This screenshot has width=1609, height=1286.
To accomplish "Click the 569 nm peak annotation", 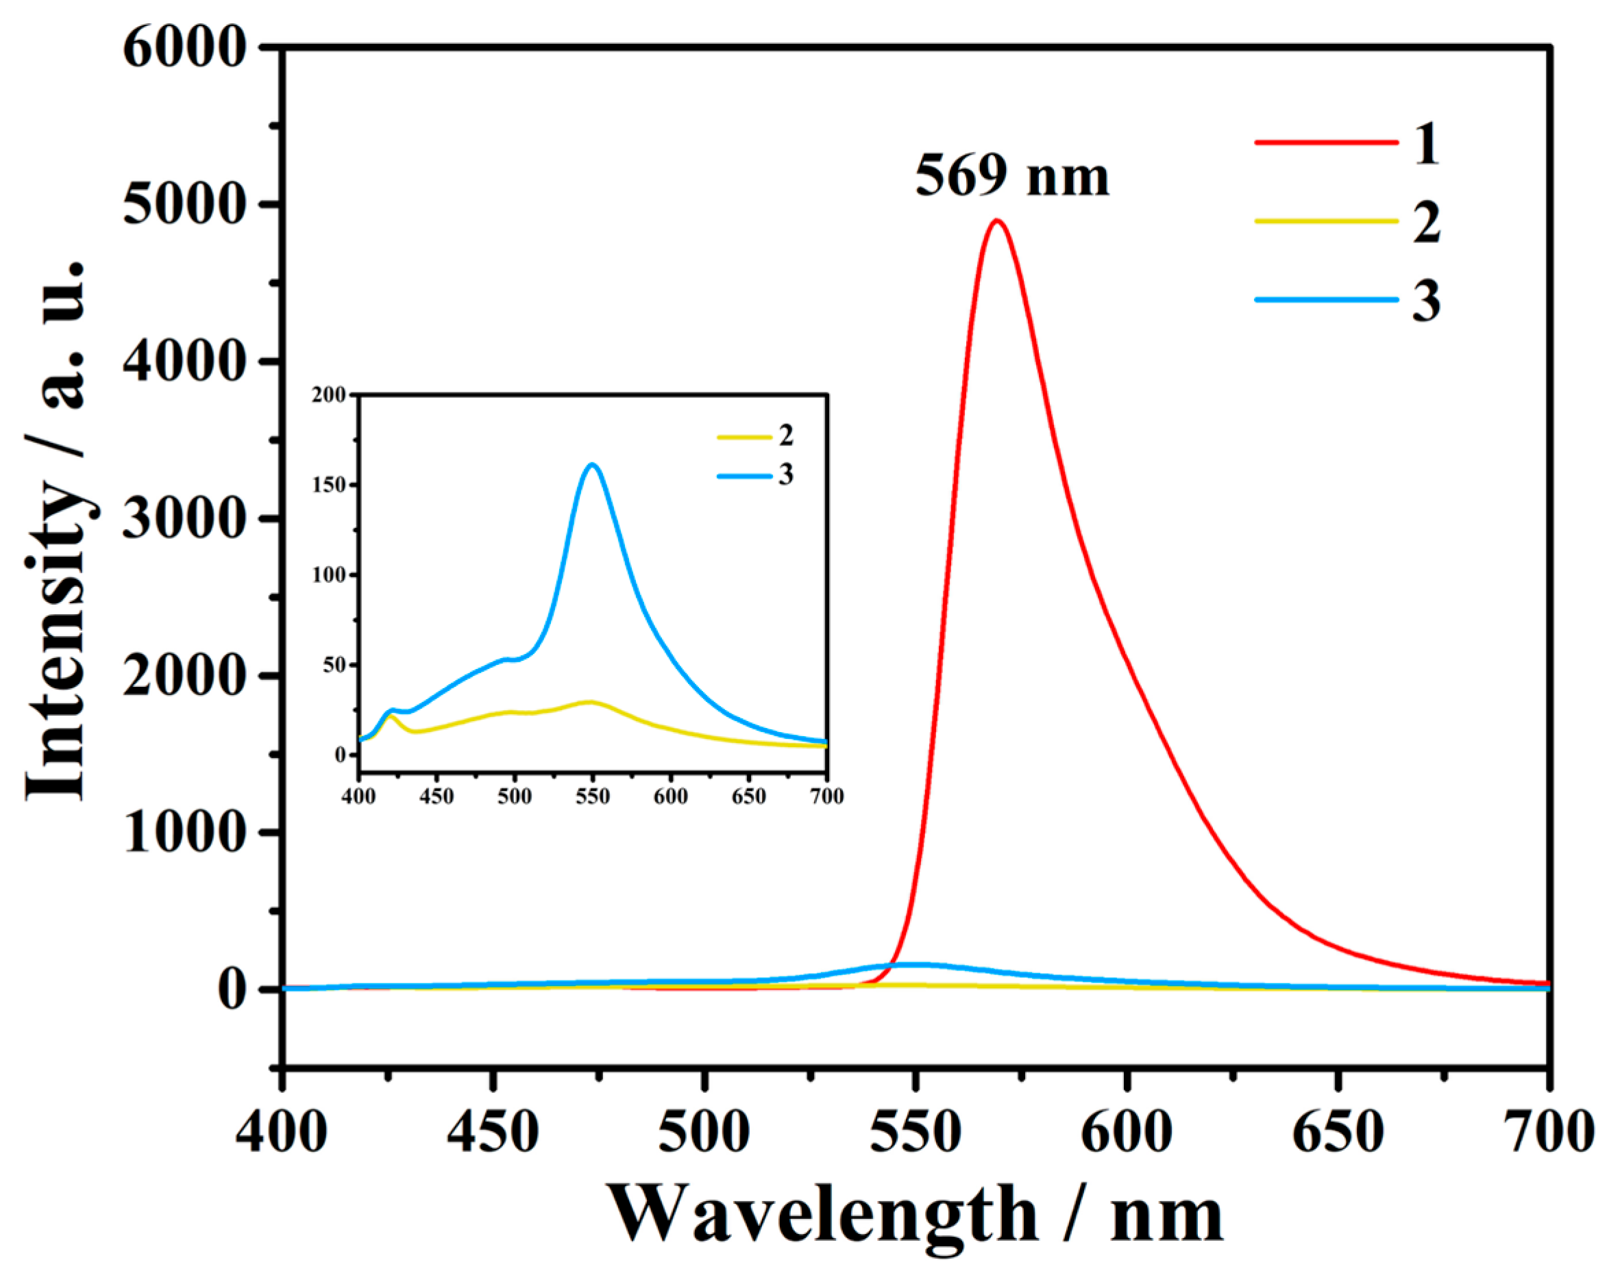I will pos(1012,177).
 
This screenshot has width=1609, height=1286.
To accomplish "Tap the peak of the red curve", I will pos(996,220).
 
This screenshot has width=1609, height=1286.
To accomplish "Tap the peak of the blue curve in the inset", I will pos(593,465).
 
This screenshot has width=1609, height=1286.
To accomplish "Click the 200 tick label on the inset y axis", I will pos(329,394).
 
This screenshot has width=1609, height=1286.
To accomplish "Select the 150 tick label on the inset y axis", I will pos(329,485).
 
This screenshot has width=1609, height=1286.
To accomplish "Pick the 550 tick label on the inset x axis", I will pos(593,797).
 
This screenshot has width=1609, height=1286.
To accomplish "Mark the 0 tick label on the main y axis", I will pos(231,990).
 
